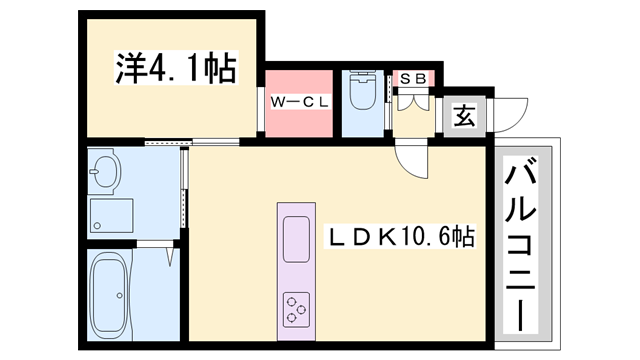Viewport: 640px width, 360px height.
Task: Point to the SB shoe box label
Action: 412,77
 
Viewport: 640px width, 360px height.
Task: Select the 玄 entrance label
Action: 466,116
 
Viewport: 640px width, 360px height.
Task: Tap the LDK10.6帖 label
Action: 401,238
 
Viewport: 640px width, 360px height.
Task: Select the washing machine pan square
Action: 110,216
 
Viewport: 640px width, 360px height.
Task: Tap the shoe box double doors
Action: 412,98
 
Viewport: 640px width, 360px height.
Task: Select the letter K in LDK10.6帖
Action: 377,238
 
